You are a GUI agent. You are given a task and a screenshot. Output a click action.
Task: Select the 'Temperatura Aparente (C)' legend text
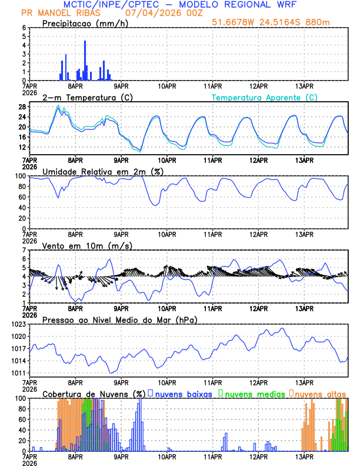(x=264, y=97)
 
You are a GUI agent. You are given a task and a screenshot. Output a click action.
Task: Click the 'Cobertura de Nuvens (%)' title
(x=94, y=393)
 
